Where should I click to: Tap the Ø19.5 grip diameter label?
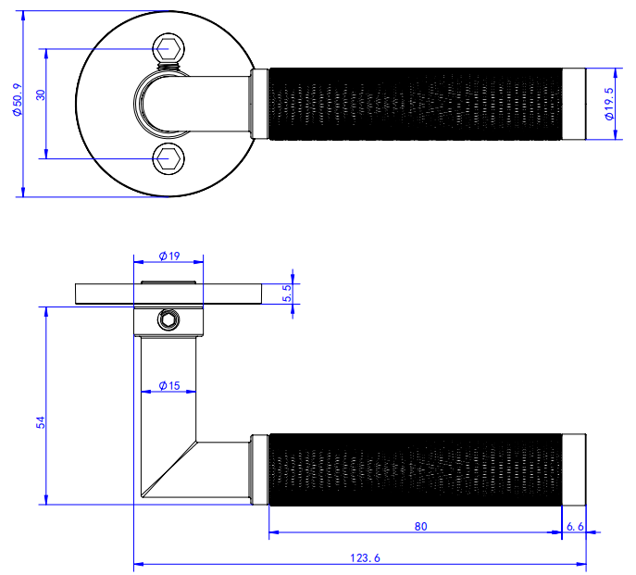[609, 104]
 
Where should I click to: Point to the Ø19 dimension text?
[168, 255]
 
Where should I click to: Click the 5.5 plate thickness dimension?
[287, 294]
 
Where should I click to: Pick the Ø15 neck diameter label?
[168, 384]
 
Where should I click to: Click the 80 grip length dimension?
[421, 527]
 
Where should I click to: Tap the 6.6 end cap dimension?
[575, 527]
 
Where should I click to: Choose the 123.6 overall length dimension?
[361, 557]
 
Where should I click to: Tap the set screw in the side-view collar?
[168, 320]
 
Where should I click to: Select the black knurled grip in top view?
[417, 103]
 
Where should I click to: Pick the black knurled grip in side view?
[417, 468]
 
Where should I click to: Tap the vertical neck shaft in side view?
[168, 398]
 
